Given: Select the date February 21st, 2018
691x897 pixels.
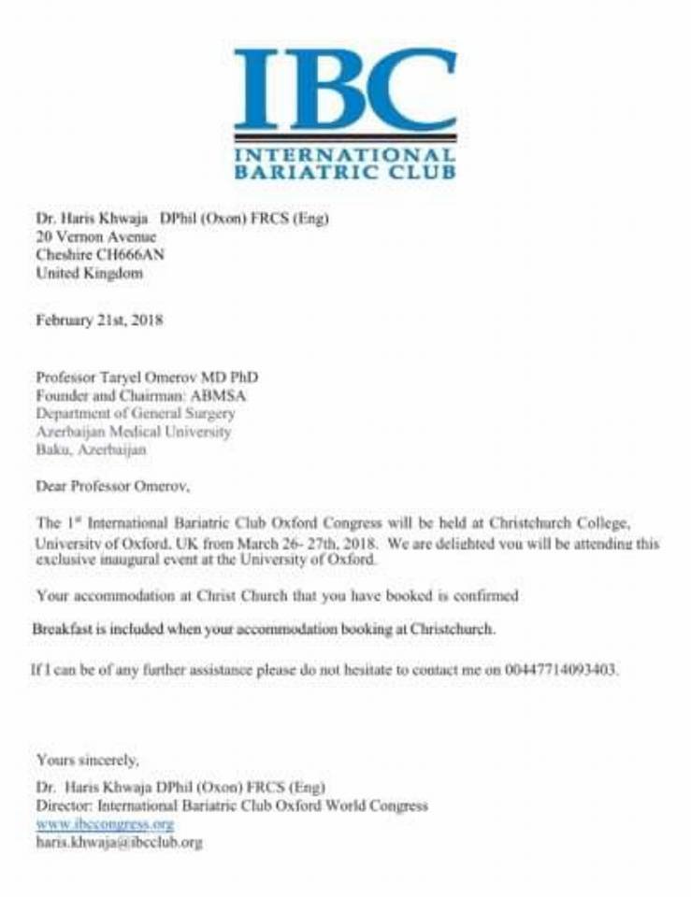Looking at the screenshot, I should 99,320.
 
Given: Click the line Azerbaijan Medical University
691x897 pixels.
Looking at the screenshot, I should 133,432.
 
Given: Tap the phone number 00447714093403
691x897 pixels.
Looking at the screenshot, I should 561,670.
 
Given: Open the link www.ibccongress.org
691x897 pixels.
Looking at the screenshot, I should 105,824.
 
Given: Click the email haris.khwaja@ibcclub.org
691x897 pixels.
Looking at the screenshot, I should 119,842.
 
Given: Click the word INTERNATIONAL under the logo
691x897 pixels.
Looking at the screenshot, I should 345,155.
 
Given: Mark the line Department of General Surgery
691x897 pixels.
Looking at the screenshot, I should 135,413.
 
